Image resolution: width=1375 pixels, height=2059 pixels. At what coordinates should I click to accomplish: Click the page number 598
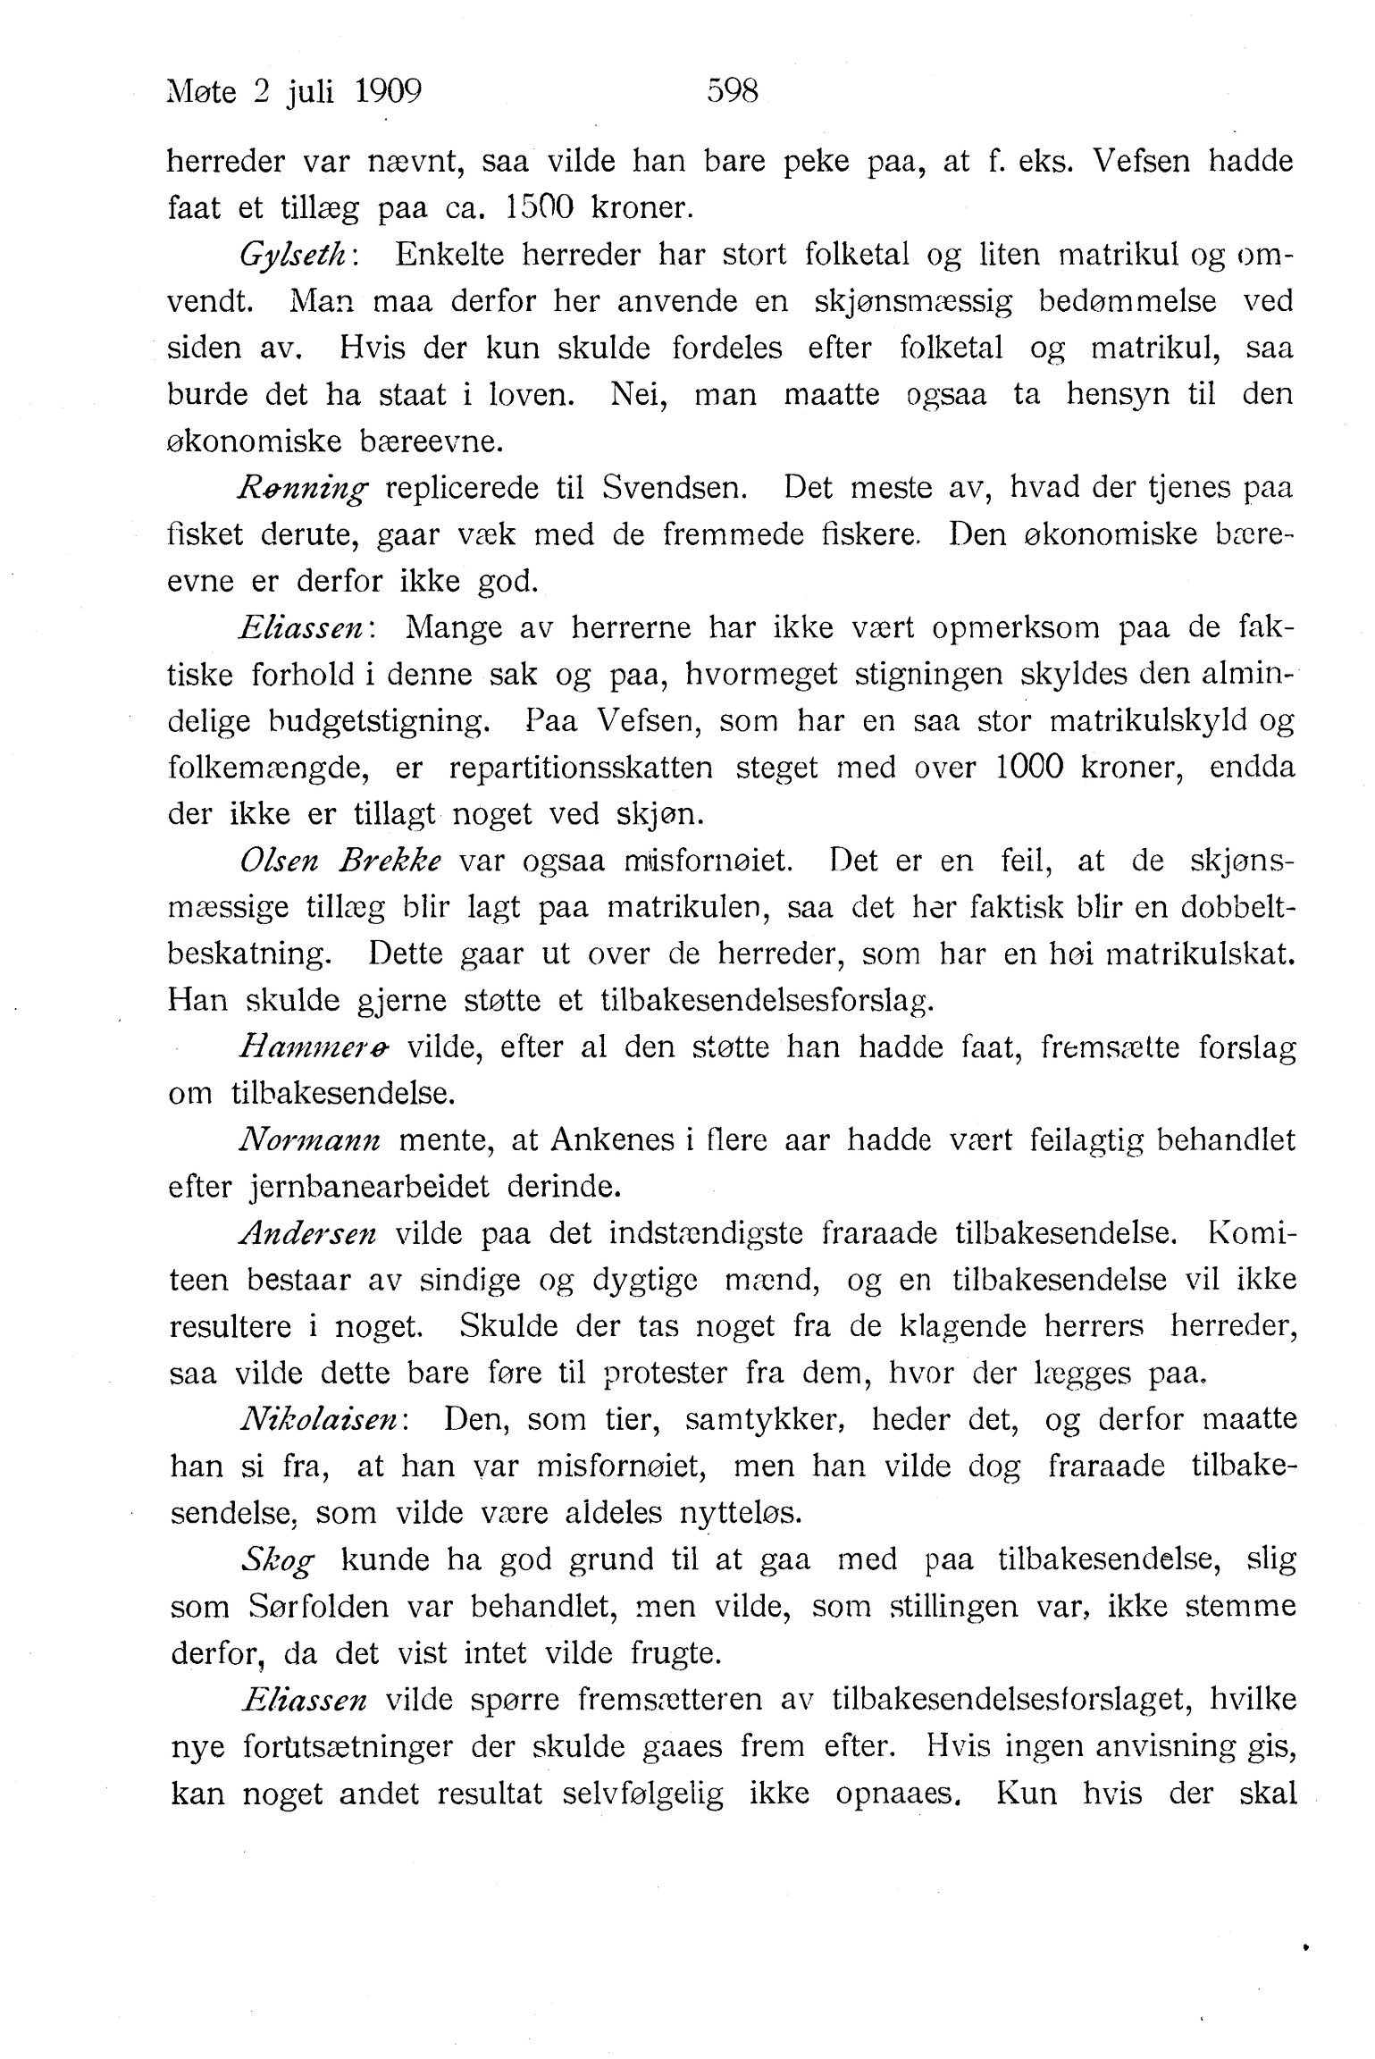click(x=732, y=92)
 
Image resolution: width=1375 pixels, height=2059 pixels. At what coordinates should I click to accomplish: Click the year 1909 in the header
click(x=388, y=92)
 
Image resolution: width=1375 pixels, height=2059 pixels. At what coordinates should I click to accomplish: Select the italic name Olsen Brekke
click(x=340, y=861)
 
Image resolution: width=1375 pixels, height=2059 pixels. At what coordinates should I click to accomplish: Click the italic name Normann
click(x=310, y=1140)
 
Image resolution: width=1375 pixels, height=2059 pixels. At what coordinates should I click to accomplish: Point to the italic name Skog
click(x=277, y=1560)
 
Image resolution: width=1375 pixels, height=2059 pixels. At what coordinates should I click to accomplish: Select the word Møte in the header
click(x=202, y=92)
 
